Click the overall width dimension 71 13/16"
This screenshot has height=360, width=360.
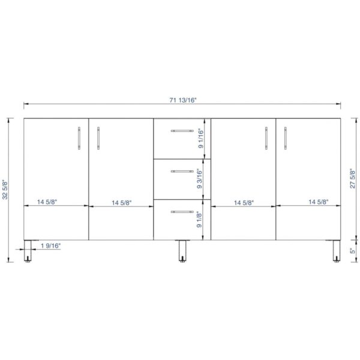[183, 100]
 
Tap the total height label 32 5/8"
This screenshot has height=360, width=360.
[5, 190]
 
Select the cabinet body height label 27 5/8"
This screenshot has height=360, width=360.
[352, 179]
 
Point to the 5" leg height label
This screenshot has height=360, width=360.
[352, 251]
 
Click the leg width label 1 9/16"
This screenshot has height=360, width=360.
[51, 246]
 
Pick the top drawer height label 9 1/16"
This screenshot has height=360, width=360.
[200, 139]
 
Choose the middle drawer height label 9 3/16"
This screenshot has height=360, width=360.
[200, 179]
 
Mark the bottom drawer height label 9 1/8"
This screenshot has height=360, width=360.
[199, 220]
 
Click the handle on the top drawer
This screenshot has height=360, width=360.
[182, 131]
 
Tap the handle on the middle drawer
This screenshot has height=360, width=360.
[182, 171]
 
